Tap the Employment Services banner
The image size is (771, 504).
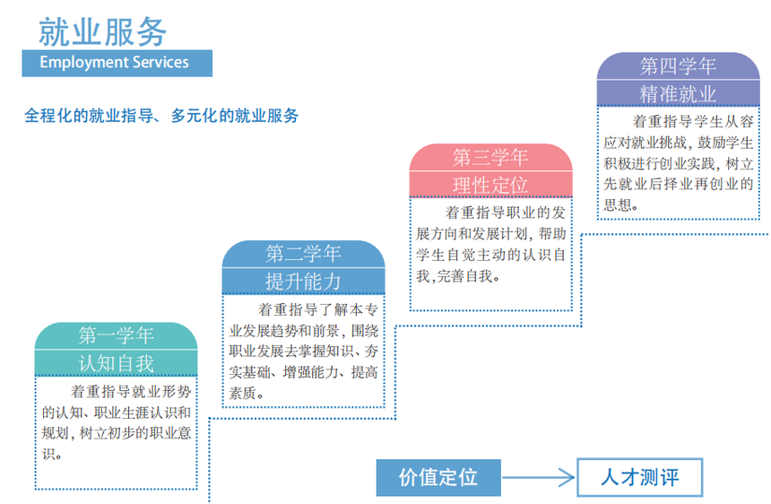[x=117, y=63]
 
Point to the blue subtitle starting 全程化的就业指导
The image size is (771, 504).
[x=161, y=116]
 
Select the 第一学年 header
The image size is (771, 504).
[x=116, y=336]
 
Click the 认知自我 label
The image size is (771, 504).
[x=116, y=363]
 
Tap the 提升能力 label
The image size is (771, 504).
[x=303, y=281]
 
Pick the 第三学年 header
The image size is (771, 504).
[x=490, y=158]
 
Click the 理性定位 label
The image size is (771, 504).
[x=490, y=185]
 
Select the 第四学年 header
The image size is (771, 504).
[x=678, y=66]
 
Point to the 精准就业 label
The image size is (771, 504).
[x=678, y=94]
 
